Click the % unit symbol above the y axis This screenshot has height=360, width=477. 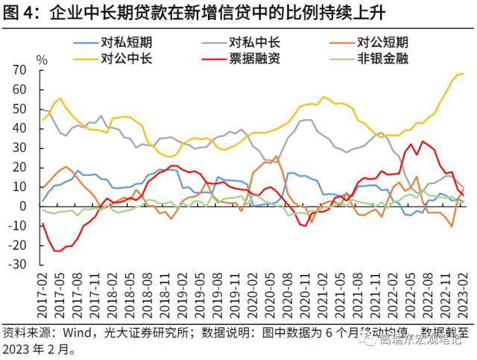point(42,60)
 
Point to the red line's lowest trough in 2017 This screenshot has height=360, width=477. point(57,251)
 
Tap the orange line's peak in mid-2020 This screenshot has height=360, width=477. point(277,157)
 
